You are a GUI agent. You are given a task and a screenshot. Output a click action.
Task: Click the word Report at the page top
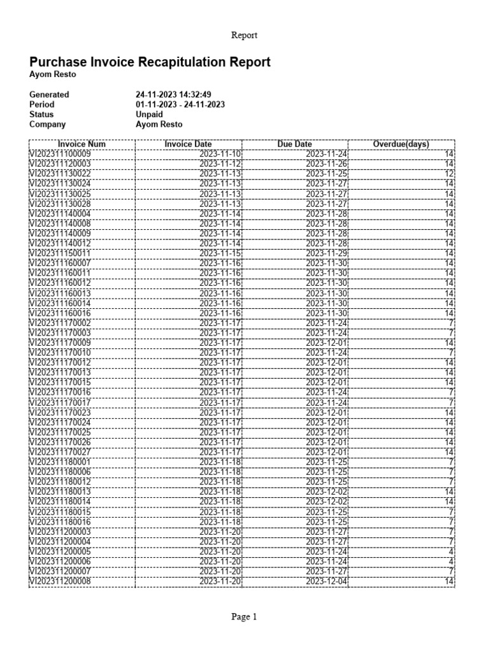tap(244, 36)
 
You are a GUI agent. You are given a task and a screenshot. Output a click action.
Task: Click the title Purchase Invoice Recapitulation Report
tap(150, 62)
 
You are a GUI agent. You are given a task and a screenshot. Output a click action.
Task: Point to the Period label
tap(42, 104)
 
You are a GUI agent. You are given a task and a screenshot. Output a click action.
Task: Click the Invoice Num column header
tap(81, 145)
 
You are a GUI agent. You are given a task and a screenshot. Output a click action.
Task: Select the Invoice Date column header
tap(188, 145)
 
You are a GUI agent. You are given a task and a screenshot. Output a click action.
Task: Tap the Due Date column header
tap(295, 145)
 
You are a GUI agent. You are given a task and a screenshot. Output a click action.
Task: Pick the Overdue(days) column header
tap(400, 145)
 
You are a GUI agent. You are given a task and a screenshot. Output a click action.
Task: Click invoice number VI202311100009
tap(60, 154)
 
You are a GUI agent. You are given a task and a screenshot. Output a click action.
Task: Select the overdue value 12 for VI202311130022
tap(449, 174)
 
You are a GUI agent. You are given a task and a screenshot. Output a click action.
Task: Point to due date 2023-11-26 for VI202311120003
tap(327, 164)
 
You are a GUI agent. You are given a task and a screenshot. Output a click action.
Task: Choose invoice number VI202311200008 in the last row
tap(60, 581)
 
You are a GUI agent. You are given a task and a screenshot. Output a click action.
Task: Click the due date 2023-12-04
tap(327, 581)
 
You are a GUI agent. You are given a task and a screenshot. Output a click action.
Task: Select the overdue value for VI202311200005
tap(450, 551)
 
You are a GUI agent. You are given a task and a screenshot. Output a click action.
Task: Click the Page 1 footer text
tap(244, 616)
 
